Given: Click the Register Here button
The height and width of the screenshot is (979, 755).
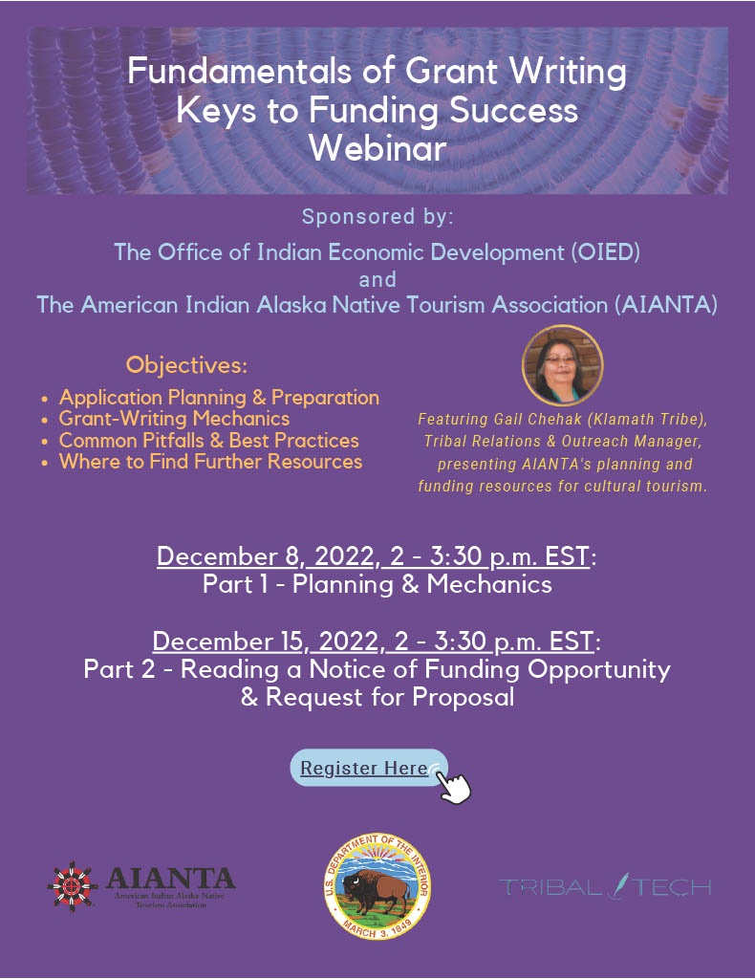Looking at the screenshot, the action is tap(369, 768).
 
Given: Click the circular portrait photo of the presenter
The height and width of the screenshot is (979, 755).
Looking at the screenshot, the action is tap(562, 366).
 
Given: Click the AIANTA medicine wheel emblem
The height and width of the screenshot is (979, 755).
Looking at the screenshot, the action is tap(73, 886).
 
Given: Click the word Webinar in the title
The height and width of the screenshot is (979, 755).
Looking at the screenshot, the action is tap(378, 148).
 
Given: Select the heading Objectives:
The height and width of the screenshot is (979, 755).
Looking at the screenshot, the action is tap(186, 364).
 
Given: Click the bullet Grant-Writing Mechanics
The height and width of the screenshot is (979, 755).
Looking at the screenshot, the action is tap(174, 419).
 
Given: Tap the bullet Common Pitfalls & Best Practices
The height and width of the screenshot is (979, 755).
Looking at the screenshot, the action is tap(209, 440).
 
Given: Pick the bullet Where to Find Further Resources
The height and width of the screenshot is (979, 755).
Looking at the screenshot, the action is tap(211, 462).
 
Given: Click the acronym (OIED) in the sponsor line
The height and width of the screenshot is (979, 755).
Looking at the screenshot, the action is tap(605, 252).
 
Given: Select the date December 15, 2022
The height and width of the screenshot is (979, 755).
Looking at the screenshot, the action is tap(265, 642).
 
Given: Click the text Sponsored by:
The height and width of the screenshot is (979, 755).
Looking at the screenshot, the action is tap(377, 217).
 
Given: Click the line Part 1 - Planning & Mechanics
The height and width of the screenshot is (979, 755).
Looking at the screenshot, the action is tap(377, 584).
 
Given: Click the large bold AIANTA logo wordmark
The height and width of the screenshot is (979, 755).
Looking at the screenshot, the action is tap(170, 878).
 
